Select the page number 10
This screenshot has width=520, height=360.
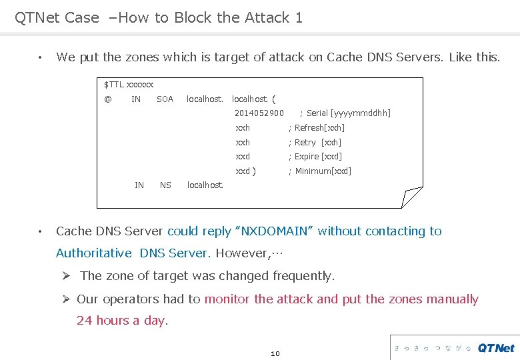[275, 353]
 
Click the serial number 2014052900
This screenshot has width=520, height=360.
[259, 113]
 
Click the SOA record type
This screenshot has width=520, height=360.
[165, 99]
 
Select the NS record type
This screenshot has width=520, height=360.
[165, 185]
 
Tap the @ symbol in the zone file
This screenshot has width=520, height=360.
[108, 99]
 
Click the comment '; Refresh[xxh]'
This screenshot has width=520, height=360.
[316, 128]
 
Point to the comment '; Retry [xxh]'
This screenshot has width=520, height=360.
[315, 143]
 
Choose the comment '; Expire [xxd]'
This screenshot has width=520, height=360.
[315, 157]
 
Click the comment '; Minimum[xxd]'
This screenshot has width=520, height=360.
[319, 171]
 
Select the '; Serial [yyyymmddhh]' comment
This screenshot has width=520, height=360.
[345, 113]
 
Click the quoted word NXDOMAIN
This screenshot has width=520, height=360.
[274, 231]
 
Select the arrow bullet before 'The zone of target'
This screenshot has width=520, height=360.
[66, 276]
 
